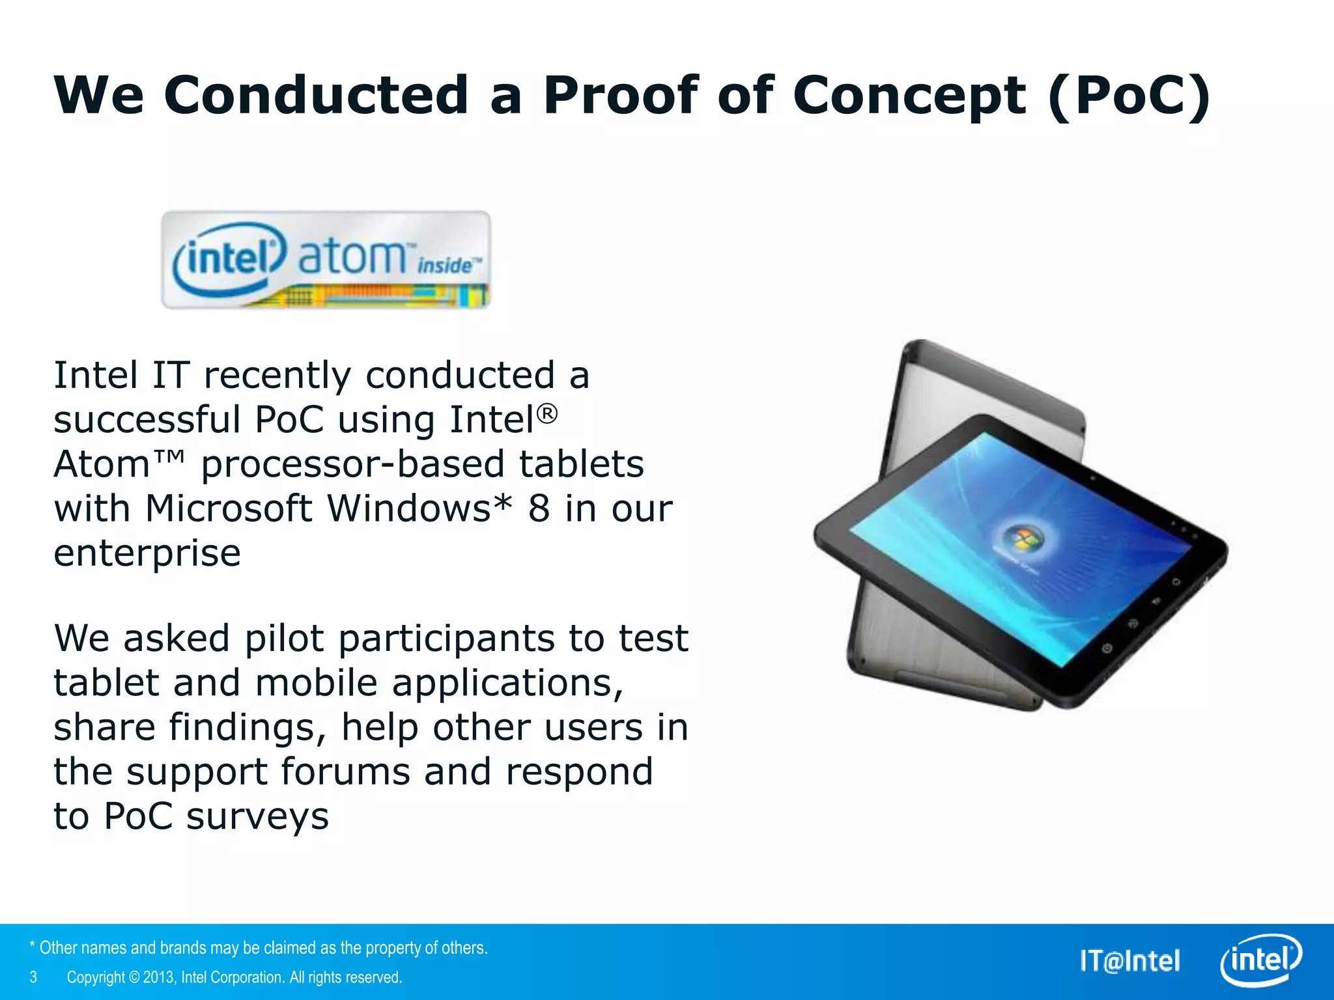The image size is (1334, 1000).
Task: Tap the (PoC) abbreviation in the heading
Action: [x=1129, y=95]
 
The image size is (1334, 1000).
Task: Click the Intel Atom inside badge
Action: [x=326, y=259]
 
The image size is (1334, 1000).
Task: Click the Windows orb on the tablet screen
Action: [x=1021, y=539]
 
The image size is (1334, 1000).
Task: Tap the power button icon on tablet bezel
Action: [x=1106, y=648]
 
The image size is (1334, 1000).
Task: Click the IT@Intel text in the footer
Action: [x=1129, y=961]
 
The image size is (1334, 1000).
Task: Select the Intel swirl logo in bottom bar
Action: [x=1260, y=960]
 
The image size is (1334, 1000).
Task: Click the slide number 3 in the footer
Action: [x=33, y=977]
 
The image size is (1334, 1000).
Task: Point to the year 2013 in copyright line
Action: [x=158, y=977]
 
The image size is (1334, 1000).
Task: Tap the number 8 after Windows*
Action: [x=539, y=508]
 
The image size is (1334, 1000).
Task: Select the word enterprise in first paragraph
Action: [x=147, y=553]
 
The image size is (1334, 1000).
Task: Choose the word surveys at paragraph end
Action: [x=257, y=816]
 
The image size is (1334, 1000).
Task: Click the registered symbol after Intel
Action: [x=547, y=413]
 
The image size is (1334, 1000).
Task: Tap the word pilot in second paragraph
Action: [x=284, y=638]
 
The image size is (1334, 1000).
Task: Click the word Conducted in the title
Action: [x=316, y=95]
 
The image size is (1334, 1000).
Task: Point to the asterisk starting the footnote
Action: [x=32, y=945]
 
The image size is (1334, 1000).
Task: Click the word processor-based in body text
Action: [x=352, y=464]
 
